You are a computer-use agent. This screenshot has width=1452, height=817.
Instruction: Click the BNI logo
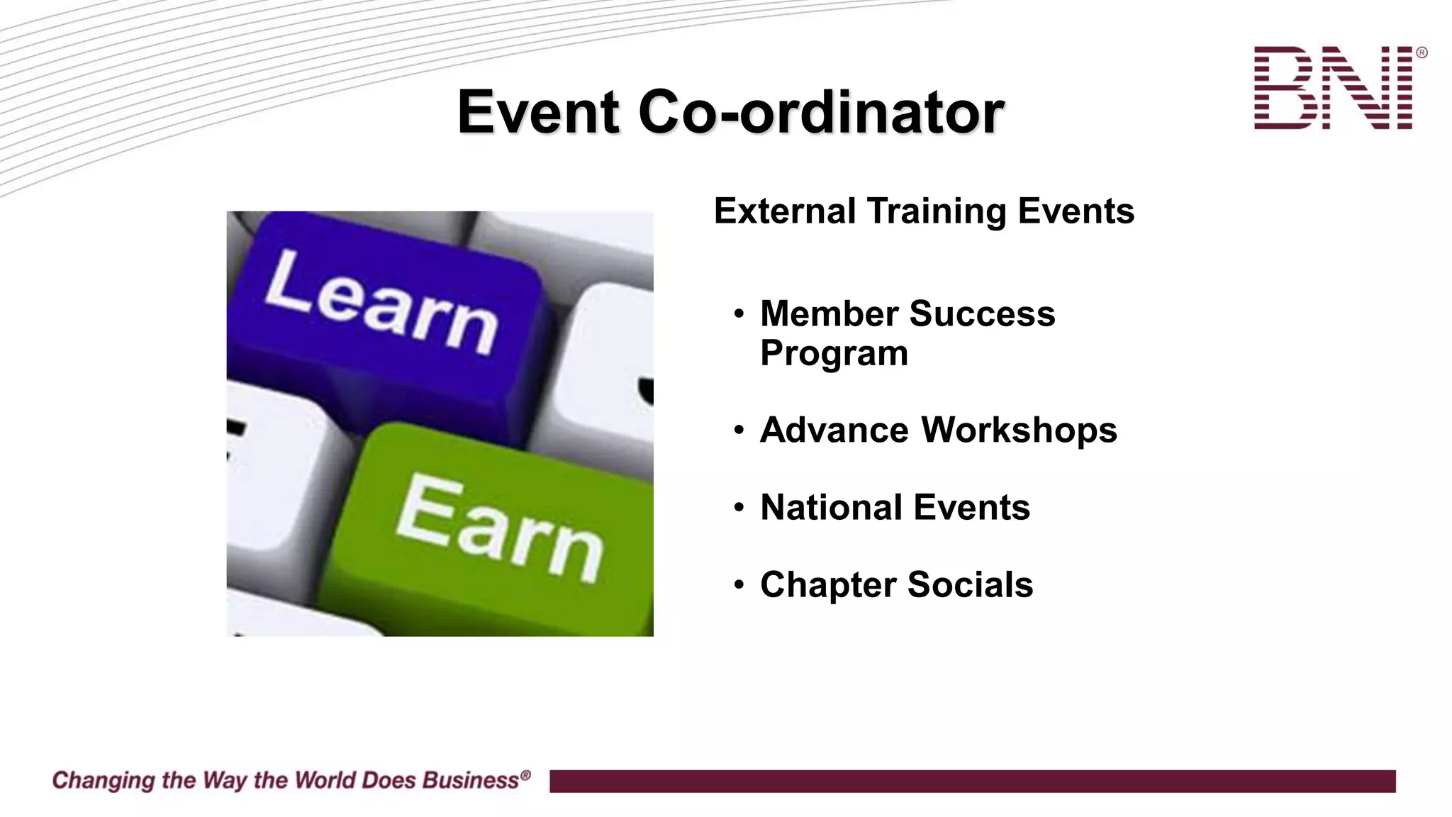(1333, 88)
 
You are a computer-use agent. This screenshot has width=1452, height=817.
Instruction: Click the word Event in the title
(538, 112)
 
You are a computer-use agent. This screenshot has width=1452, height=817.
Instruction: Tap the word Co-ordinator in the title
(821, 112)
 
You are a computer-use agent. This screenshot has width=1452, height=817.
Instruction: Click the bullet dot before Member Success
(739, 313)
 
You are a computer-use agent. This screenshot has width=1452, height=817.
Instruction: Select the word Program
(834, 353)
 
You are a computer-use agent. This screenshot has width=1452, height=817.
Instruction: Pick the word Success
(982, 313)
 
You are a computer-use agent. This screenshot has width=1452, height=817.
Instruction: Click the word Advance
(834, 430)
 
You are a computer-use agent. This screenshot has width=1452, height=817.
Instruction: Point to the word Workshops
(1019, 430)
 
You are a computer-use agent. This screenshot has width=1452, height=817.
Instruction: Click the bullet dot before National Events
(739, 508)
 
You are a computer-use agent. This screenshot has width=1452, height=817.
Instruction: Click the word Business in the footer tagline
(471, 780)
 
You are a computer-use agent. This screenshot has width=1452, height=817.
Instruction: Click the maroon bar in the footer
(971, 781)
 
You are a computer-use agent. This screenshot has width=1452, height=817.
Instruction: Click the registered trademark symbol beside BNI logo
(1421, 52)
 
